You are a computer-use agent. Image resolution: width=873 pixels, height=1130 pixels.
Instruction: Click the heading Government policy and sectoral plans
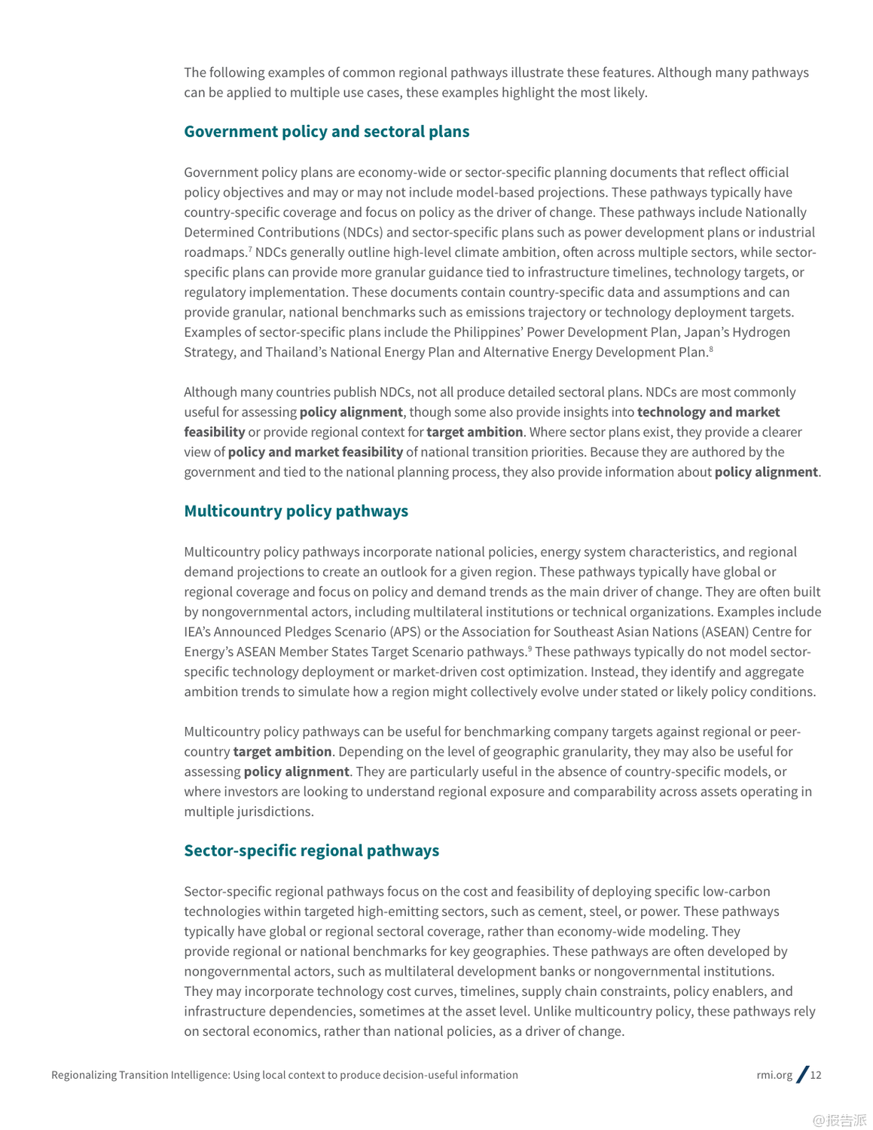pos(326,132)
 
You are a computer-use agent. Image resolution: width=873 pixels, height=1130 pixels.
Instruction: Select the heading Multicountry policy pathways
pos(296,512)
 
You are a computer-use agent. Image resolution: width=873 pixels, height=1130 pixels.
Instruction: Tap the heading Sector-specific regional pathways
pos(311,851)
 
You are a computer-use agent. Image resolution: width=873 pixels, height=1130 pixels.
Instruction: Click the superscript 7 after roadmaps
pos(250,249)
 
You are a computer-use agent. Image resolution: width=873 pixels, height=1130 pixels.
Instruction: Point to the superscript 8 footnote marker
pos(710,349)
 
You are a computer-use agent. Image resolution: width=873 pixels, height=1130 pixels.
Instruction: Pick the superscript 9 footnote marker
pos(530,649)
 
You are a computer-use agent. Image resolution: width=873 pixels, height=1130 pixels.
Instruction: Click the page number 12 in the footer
pos(816,1075)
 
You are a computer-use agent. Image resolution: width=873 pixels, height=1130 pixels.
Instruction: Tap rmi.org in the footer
pos(774,1075)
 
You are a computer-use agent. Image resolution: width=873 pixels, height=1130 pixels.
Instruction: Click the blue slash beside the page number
pos(803,1074)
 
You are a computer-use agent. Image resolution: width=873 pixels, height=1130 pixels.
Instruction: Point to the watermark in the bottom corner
pos(839,1120)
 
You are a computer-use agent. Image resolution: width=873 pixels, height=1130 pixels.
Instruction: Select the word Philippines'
pos(487,332)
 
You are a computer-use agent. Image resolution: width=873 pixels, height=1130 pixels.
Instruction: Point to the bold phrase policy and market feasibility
pos(315,452)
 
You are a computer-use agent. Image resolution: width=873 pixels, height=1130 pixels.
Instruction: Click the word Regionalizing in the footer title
pos(84,1075)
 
